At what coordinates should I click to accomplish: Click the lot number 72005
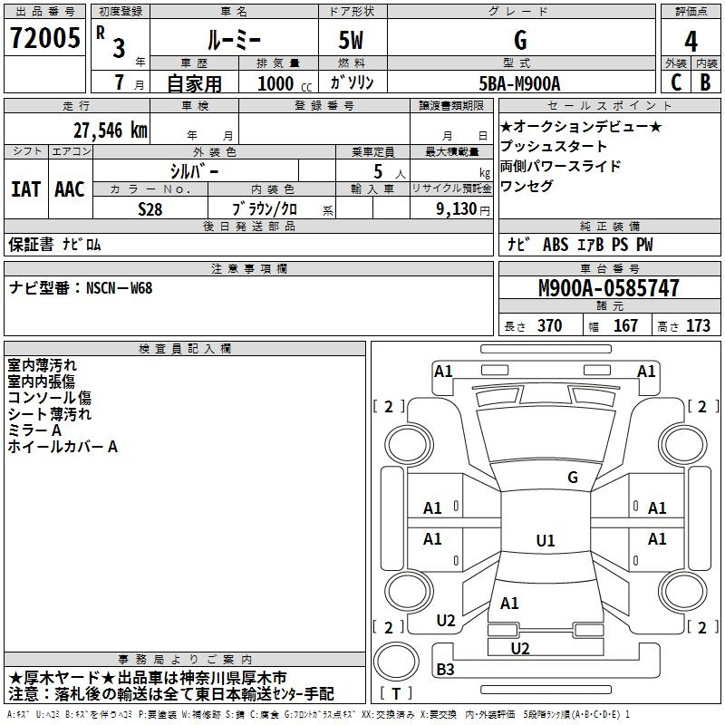coord(44,38)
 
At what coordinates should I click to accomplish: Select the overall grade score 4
coord(691,42)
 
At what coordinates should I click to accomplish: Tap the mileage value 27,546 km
coord(110,130)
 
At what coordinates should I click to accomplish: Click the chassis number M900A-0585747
coord(609,288)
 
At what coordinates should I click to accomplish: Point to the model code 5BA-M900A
coord(519,83)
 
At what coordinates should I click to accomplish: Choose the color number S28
coord(150,209)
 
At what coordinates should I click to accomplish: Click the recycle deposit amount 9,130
coord(457,208)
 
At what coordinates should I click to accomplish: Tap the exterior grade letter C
coord(676,82)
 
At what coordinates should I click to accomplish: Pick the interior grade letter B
coord(705,82)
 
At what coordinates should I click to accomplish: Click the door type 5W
coord(351,40)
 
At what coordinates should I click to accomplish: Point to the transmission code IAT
coord(25,189)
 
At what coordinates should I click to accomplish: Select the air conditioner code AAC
coord(70,189)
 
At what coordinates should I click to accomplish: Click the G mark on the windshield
coord(573,478)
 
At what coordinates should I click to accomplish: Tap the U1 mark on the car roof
coord(546,540)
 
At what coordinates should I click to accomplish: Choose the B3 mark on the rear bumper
coord(445,669)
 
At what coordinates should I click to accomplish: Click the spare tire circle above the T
coord(396,661)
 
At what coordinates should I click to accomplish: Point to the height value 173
coord(698,325)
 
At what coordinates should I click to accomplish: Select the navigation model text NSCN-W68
coord(120,288)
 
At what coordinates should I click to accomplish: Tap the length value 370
coord(550,325)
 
